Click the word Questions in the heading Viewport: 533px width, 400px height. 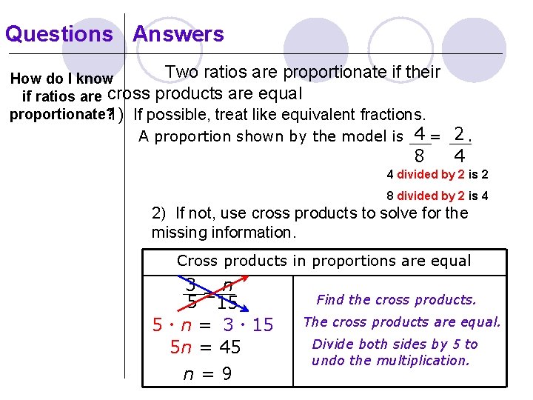tap(59, 34)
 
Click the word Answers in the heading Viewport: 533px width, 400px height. tap(178, 34)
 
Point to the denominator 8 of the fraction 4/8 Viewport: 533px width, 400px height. tap(419, 156)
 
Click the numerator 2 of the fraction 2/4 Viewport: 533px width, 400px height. tap(460, 134)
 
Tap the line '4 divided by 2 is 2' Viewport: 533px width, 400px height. tap(437, 176)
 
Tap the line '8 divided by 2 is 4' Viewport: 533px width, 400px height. tap(437, 196)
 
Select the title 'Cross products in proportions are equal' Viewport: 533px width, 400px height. tap(324, 261)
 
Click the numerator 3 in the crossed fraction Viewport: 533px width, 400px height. tap(191, 284)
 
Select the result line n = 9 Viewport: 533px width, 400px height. tap(207, 374)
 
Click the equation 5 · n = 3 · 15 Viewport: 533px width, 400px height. tap(212, 324)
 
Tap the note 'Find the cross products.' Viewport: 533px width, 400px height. tap(396, 300)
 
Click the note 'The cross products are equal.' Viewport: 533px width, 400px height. tap(402, 321)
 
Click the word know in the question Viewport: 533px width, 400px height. tap(98, 79)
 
